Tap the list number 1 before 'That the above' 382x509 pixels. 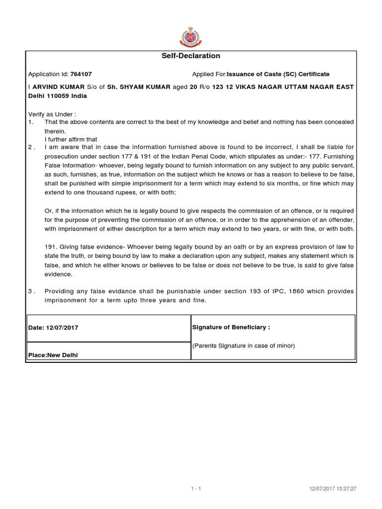click(x=30, y=122)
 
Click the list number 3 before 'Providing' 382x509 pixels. click(x=30, y=292)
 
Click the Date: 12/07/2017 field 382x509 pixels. click(x=53, y=329)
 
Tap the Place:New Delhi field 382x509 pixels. click(x=53, y=355)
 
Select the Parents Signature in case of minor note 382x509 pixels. click(x=244, y=346)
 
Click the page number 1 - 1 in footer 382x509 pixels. click(x=195, y=475)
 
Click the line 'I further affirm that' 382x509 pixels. click(x=71, y=139)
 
